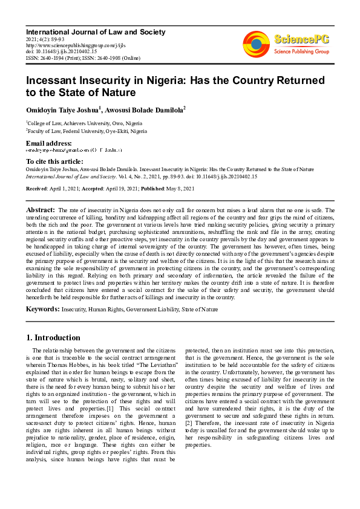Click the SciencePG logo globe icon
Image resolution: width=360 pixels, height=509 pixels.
click(257, 44)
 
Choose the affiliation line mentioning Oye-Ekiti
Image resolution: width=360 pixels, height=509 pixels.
click(87, 131)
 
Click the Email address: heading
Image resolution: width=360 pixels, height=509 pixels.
click(53, 143)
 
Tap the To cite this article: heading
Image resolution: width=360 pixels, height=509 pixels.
click(54, 162)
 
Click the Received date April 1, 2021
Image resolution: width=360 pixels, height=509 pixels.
click(66, 189)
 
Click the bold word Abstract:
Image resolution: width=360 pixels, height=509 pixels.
click(41, 209)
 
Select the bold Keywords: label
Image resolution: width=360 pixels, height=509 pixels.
click(42, 309)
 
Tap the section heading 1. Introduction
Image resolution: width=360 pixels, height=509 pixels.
click(53, 337)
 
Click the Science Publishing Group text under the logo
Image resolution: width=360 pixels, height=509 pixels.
click(301, 51)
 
